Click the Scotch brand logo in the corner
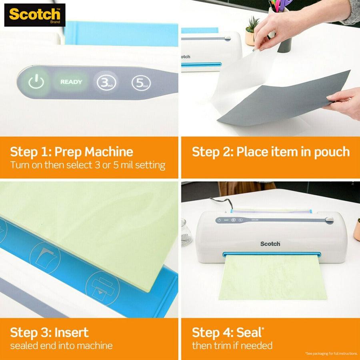34,15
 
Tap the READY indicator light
71,82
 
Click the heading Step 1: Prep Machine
71,152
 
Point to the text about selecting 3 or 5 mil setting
87,165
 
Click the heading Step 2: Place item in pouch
270,152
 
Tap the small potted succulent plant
252,30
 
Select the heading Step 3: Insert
49,332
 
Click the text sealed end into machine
61,346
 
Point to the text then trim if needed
232,346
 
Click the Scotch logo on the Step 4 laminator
270,244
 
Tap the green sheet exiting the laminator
273,278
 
